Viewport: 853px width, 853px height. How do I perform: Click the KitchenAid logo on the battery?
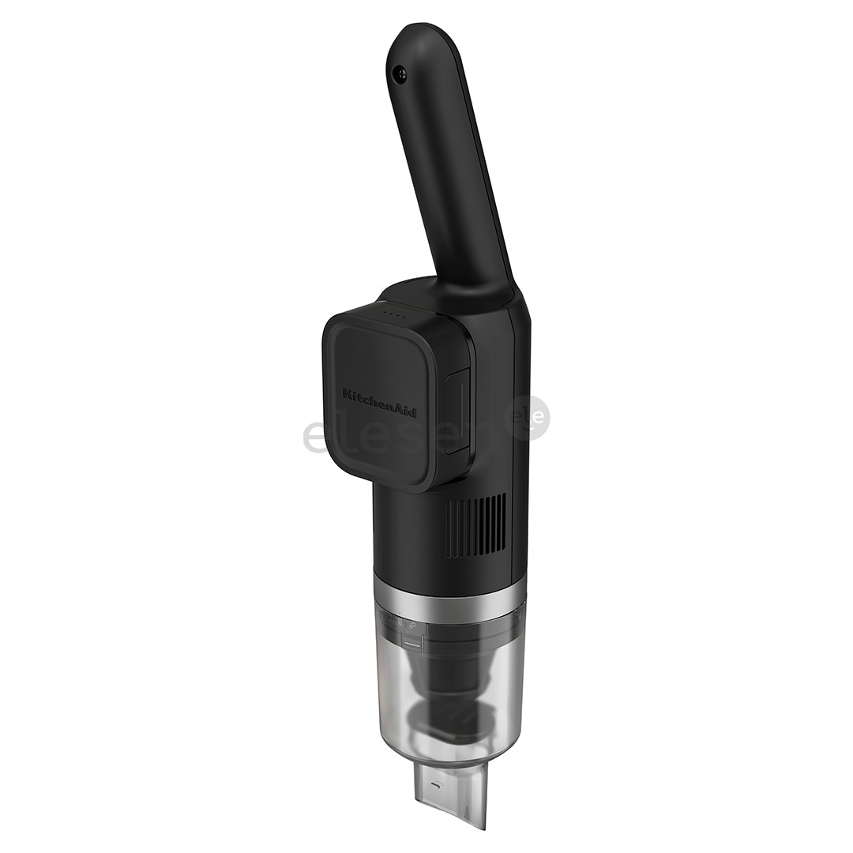pyautogui.click(x=380, y=402)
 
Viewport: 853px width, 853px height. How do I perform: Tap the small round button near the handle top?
pyautogui.click(x=401, y=74)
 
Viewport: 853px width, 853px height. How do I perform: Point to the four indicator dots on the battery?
pyautogui.click(x=395, y=314)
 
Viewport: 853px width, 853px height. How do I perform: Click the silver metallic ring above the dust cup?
pyautogui.click(x=450, y=600)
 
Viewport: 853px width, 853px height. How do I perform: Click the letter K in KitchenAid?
pyautogui.click(x=346, y=392)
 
